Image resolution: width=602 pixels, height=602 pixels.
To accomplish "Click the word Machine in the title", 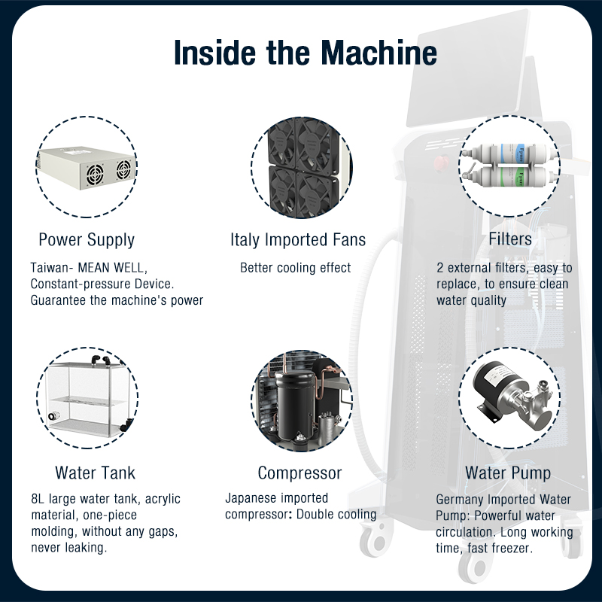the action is [x=379, y=52].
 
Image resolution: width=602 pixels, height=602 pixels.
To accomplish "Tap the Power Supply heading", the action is [x=87, y=240].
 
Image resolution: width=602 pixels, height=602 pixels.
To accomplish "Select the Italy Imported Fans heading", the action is [x=298, y=239].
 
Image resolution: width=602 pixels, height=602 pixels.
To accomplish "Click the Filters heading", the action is [x=510, y=239].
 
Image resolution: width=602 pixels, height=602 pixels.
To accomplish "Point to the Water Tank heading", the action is [x=96, y=473].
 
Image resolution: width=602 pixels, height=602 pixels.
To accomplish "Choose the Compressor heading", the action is [x=299, y=473].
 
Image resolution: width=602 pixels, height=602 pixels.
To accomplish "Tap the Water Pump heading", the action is [x=507, y=473].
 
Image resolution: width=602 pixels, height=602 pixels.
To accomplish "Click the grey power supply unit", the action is [x=87, y=167].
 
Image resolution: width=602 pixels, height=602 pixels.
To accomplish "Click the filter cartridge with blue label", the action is [x=509, y=153].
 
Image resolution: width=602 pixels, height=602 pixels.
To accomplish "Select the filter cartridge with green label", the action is [x=511, y=177].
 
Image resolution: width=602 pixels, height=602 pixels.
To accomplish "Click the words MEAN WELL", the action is [x=111, y=268].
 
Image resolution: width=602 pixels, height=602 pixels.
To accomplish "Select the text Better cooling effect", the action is [x=295, y=268].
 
